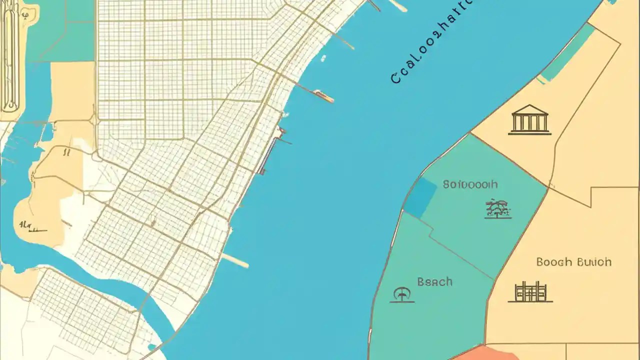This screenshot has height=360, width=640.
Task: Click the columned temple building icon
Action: [x=529, y=119]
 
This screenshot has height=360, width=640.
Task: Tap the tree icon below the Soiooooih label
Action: [x=498, y=209]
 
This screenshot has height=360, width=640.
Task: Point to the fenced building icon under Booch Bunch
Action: [x=530, y=292]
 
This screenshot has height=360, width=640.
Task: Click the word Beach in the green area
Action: [x=434, y=282]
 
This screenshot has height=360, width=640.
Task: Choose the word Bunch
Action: [x=593, y=262]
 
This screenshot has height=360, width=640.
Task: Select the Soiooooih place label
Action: [x=470, y=184]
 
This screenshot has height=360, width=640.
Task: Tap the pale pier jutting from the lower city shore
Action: [x=235, y=260]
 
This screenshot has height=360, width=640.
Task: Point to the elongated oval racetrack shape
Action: [x=10, y=55]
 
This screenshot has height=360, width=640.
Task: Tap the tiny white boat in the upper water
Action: [x=323, y=58]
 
